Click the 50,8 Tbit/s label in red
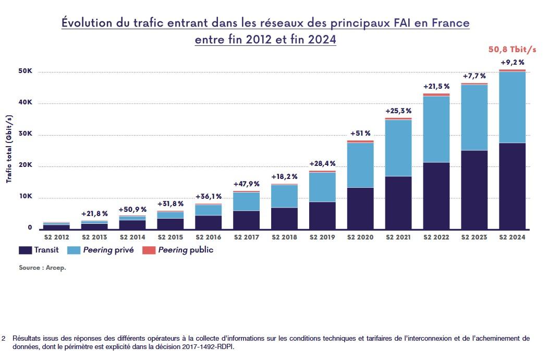[x=512, y=50]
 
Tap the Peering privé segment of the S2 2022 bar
[x=436, y=129]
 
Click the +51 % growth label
[x=360, y=133]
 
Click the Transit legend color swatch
[x=25, y=250]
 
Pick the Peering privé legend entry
[x=109, y=250]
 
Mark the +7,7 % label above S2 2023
[x=474, y=76]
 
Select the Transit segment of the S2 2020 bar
[x=360, y=209]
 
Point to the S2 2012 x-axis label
[x=56, y=237]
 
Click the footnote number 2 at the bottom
[x=4, y=338]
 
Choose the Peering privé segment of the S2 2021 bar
[x=398, y=148]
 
